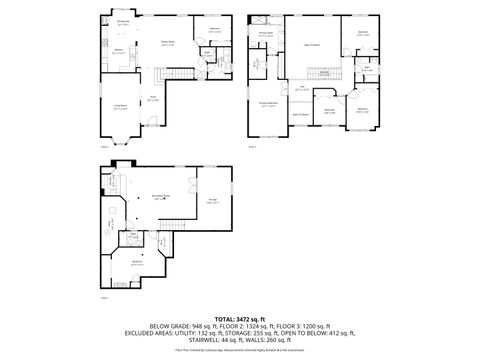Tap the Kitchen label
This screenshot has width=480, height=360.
118,51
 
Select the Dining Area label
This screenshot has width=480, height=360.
122,22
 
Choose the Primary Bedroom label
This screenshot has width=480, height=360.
269,103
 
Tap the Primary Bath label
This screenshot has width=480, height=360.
266,33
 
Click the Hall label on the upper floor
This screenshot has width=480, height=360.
301,88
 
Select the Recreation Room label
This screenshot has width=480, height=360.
159,196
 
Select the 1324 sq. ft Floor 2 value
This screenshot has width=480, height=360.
267,325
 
